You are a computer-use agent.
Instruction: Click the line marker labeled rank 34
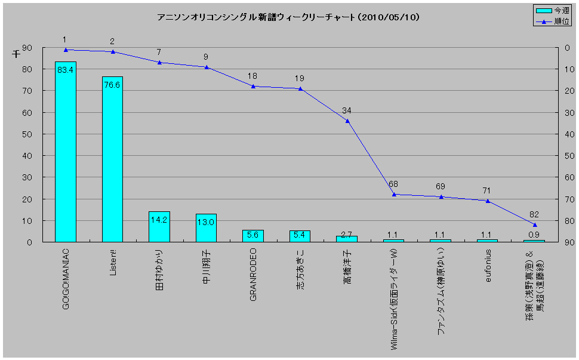click(347, 121)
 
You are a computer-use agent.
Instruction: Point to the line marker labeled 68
click(394, 194)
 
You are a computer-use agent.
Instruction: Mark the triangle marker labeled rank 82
click(535, 224)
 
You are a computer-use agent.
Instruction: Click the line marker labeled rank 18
click(253, 86)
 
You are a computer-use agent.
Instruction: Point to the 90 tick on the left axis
click(27, 48)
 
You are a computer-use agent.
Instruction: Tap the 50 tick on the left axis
click(27, 134)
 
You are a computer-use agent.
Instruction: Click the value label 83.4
click(65, 70)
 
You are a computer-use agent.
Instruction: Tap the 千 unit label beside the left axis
click(16, 54)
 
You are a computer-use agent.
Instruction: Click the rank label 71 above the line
click(487, 190)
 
